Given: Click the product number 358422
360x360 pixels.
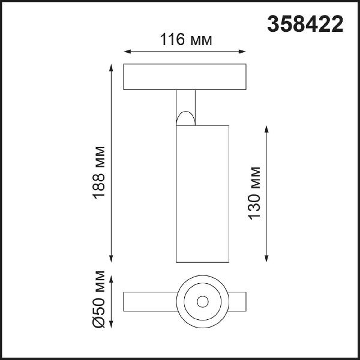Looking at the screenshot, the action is (305, 24).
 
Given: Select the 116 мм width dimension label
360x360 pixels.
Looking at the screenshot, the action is (186, 40).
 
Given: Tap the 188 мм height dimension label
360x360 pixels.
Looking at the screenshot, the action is (99, 172).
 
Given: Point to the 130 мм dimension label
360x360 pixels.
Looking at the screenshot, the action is (254, 193).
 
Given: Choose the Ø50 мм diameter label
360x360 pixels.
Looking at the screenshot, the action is (99, 299).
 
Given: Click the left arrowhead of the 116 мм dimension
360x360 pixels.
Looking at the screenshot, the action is (127, 52).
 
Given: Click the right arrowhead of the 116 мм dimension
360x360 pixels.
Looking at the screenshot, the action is (242, 52).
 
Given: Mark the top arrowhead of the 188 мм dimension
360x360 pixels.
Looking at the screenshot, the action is (111, 68).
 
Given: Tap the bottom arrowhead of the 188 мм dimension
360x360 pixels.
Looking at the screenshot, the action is (111, 259).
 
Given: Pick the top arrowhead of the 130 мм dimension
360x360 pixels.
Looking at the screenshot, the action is (266, 129).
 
